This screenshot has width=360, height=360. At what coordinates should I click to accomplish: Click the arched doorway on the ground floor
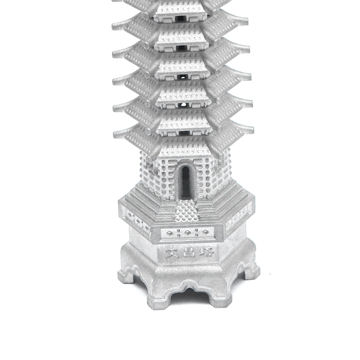coord(186,182)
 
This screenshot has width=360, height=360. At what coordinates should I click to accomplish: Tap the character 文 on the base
coord(171,253)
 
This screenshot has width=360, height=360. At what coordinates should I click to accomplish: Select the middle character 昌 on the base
coord(189,252)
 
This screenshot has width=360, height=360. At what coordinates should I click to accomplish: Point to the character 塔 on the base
coord(207,252)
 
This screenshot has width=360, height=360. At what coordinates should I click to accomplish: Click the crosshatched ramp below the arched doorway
coord(186,211)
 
